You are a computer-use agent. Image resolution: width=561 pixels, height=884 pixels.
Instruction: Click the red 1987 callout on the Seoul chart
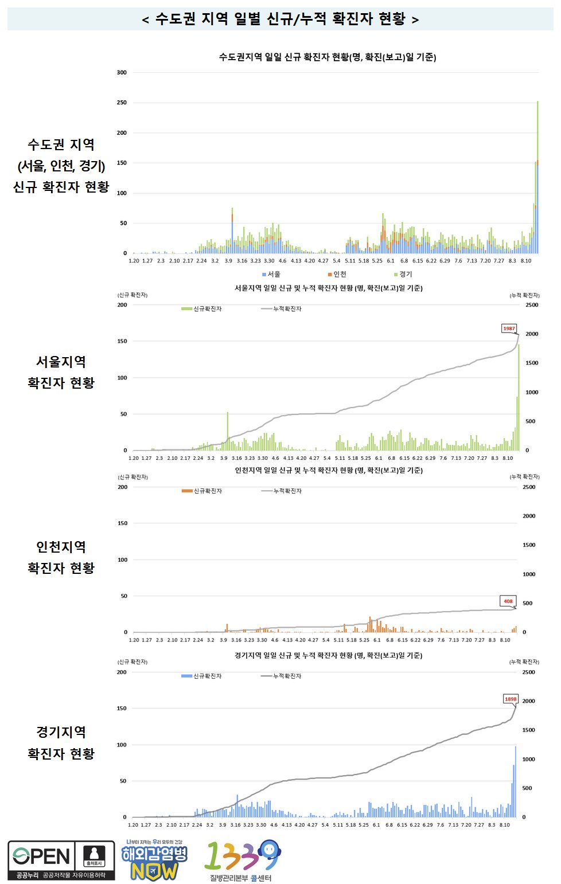509,328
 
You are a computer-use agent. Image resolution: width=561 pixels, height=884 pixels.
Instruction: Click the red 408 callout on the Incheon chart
508,601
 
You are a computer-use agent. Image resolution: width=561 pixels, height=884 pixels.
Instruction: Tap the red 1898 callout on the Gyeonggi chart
511,699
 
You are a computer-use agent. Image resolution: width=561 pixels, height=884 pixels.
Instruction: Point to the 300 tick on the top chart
122,73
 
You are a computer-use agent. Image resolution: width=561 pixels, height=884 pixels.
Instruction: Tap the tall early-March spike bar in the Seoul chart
227,430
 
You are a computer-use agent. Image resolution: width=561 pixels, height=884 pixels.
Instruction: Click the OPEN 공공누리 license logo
61,860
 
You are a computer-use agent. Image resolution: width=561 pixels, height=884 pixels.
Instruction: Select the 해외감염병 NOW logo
154,860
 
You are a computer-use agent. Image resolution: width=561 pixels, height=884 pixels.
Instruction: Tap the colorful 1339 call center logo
243,860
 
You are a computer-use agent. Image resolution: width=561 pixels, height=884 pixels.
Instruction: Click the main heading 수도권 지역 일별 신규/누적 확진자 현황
280,19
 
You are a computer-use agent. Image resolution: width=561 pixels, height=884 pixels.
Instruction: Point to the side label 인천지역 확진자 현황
61,557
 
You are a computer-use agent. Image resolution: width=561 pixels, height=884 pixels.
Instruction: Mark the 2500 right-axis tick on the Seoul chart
532,305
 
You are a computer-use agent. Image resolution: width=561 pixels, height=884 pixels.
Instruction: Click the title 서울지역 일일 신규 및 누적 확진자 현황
328,288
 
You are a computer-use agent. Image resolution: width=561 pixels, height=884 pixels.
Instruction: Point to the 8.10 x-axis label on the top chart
525,261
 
